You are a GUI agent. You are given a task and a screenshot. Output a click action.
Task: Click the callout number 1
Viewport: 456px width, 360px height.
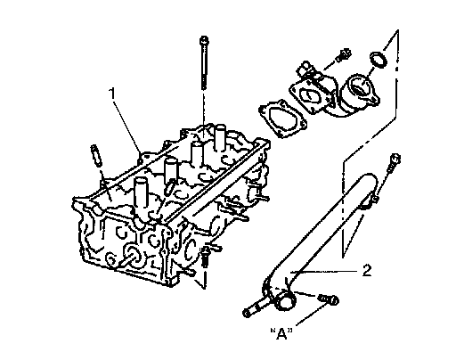tap(112, 94)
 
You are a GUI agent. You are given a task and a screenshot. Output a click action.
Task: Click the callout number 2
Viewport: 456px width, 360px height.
tap(367, 271)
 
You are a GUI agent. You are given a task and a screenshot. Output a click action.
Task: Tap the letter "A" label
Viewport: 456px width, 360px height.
tap(281, 333)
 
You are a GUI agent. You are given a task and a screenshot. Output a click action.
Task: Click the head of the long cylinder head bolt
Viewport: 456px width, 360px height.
tap(204, 40)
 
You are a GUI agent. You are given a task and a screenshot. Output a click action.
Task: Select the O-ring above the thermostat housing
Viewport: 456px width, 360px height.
tap(379, 60)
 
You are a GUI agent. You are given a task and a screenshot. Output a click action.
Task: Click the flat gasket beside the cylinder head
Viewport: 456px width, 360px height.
tap(282, 119)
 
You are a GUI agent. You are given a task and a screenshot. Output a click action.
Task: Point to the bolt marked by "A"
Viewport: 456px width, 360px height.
tap(328, 299)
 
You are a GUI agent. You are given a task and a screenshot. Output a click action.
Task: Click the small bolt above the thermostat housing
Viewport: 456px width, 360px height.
tap(344, 55)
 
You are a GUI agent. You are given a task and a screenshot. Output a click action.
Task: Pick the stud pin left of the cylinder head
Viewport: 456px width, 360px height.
tap(95, 155)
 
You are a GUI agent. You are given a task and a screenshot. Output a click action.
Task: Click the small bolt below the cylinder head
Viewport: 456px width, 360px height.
tap(205, 257)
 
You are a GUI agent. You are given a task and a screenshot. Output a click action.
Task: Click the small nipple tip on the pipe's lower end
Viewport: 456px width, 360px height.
tap(247, 313)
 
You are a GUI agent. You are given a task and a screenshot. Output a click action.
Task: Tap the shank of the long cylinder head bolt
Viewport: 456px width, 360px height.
tap(204, 66)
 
